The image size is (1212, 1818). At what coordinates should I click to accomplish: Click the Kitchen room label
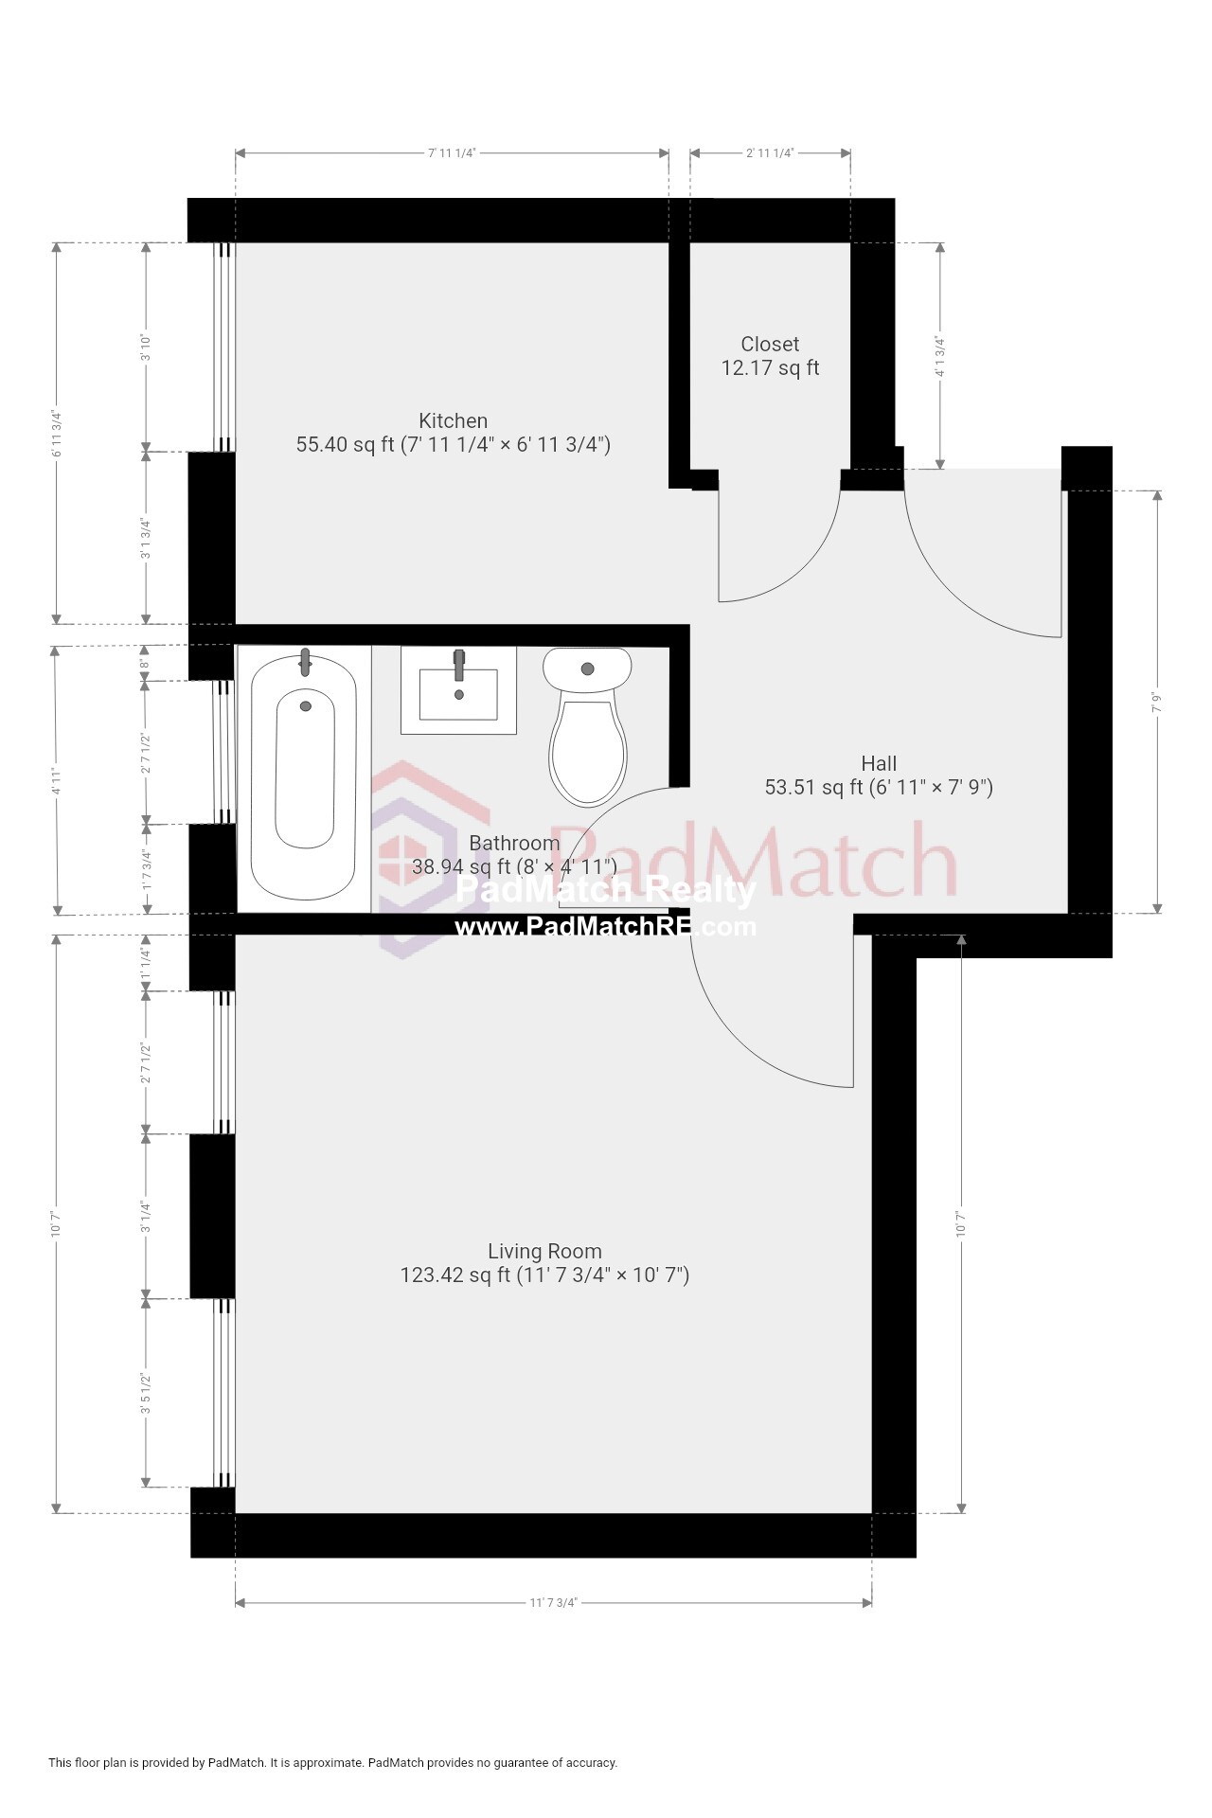click(x=454, y=420)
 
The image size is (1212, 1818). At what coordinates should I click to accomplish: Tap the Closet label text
click(x=769, y=345)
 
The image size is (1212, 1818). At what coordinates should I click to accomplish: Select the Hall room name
click(x=879, y=763)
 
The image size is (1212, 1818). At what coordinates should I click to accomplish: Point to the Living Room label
click(x=544, y=1251)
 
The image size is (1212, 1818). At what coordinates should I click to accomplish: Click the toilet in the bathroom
click(x=587, y=724)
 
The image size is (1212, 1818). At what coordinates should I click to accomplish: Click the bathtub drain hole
click(x=305, y=705)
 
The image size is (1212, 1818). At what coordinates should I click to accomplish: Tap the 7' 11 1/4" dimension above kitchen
click(x=452, y=152)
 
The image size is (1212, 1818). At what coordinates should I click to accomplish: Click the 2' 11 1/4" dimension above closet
click(x=770, y=152)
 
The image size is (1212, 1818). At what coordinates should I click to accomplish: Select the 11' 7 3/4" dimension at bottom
click(x=553, y=1602)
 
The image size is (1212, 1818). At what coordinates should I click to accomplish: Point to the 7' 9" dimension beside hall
click(x=1156, y=703)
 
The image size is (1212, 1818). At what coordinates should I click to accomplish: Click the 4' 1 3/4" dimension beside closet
click(x=939, y=357)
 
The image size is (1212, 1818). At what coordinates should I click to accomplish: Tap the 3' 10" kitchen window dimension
click(x=145, y=347)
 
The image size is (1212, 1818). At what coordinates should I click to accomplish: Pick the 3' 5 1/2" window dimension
click(x=145, y=1393)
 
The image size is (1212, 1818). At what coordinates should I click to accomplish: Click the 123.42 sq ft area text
click(x=455, y=1275)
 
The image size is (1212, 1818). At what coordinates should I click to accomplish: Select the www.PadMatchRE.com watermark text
click(x=605, y=927)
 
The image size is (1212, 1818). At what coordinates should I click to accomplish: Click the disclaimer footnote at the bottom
click(x=332, y=1762)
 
